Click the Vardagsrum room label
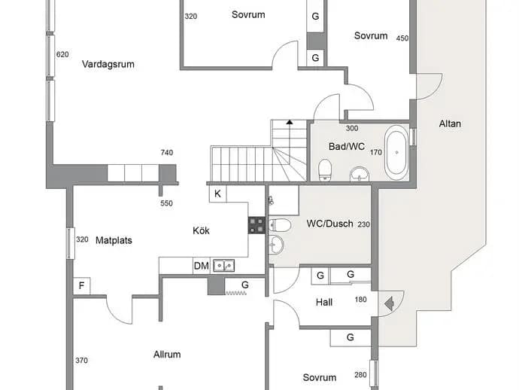[x=108, y=64]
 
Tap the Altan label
[x=450, y=123]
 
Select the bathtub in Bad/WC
[x=396, y=152]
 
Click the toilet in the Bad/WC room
[x=325, y=169]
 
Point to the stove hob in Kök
[x=256, y=225]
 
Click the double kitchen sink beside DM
[x=223, y=266]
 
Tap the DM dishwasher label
[x=202, y=266]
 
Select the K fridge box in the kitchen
[x=218, y=193]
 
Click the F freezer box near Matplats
[x=81, y=285]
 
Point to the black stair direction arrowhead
[x=290, y=122]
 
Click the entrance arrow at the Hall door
[x=389, y=303]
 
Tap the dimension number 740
[x=167, y=152]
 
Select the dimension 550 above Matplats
[x=166, y=203]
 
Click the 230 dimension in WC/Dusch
[x=363, y=224]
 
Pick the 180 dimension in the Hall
[x=360, y=300]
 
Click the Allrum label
[x=167, y=355]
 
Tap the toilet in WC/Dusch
[x=280, y=225]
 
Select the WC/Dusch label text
[x=329, y=224]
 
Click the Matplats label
[x=114, y=240]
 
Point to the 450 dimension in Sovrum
[x=402, y=38]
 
